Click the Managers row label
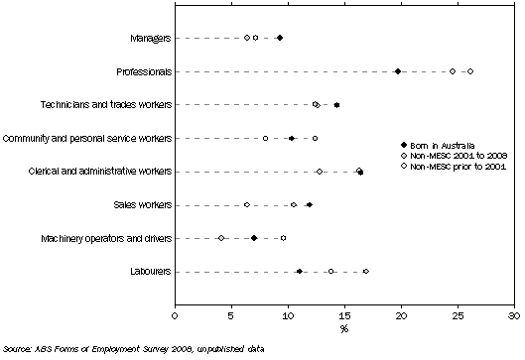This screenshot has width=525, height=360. [149, 38]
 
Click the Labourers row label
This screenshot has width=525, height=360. [147, 271]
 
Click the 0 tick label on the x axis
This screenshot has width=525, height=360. [175, 315]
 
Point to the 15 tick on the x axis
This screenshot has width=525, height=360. [344, 315]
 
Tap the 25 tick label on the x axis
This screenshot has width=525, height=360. [458, 315]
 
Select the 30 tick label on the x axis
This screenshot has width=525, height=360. [514, 315]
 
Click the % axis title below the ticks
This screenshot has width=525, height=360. [344, 328]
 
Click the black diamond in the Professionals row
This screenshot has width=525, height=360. [398, 71]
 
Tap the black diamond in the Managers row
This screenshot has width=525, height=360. [280, 38]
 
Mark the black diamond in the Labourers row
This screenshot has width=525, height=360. [300, 271]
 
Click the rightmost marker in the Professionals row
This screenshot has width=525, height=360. [470, 71]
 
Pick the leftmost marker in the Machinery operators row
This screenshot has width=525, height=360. [221, 238]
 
